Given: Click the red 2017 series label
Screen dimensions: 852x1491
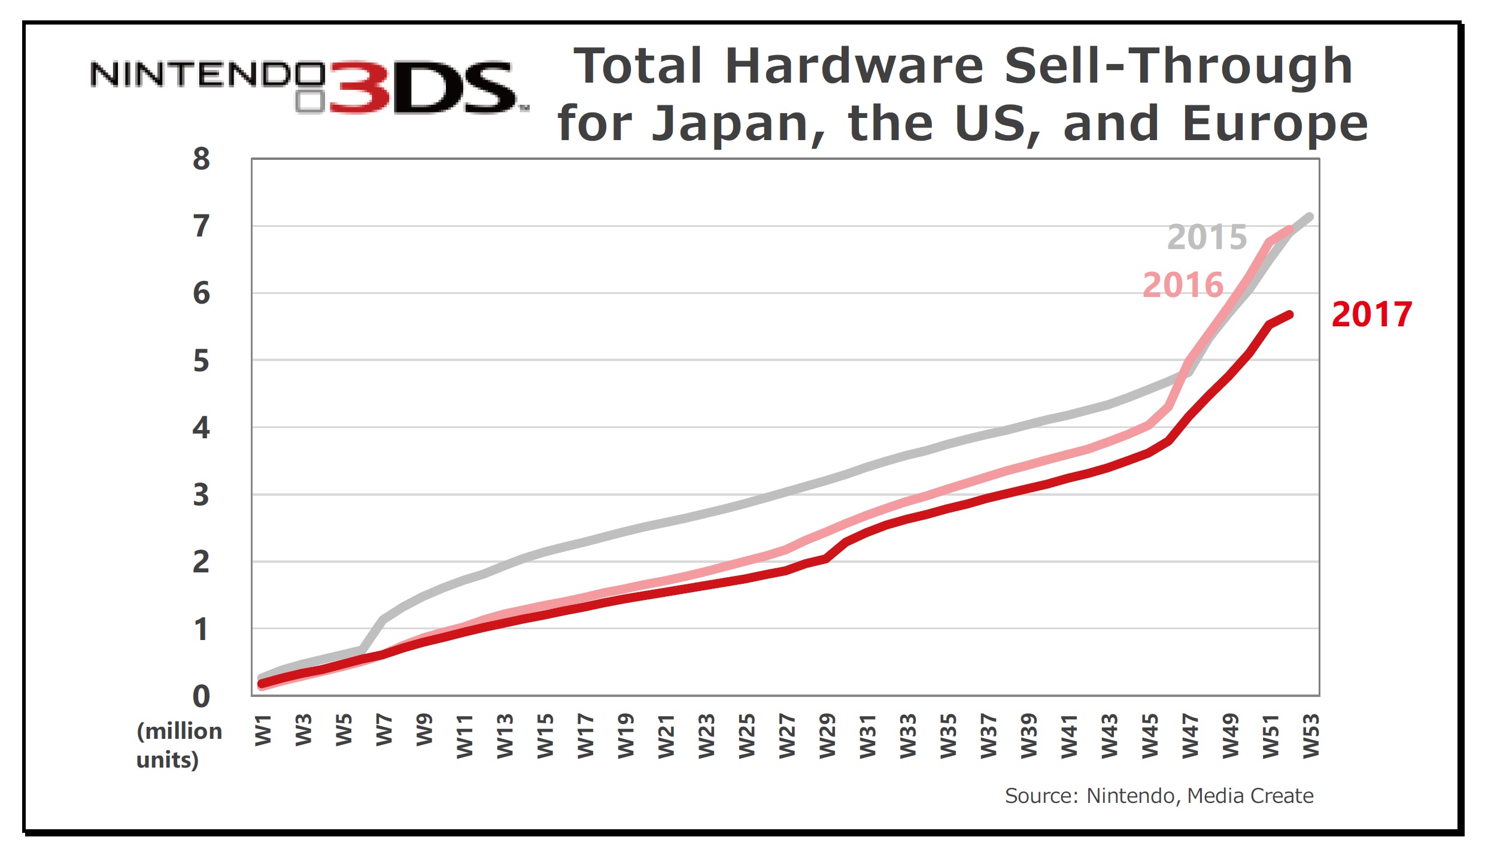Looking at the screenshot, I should pyautogui.click(x=1371, y=314).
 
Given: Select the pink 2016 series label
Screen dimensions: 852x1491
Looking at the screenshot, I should pyautogui.click(x=1182, y=285).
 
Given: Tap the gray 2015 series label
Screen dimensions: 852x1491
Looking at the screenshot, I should pyautogui.click(x=1207, y=237).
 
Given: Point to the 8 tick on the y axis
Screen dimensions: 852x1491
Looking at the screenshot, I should pyautogui.click(x=201, y=159).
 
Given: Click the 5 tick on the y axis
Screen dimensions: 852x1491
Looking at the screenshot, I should pyautogui.click(x=201, y=361).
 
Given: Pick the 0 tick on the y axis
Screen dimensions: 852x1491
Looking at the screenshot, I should pyautogui.click(x=201, y=696).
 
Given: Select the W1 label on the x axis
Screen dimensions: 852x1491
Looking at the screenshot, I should pyautogui.click(x=263, y=730).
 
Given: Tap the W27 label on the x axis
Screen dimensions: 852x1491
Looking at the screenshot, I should pyautogui.click(x=787, y=736).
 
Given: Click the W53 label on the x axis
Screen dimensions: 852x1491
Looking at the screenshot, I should pyautogui.click(x=1311, y=736).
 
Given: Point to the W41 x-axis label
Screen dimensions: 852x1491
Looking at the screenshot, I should pyautogui.click(x=1069, y=736).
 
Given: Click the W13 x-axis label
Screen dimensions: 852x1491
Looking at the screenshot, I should pyautogui.click(x=505, y=736).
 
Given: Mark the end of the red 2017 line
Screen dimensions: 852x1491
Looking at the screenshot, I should pyautogui.click(x=1290, y=314).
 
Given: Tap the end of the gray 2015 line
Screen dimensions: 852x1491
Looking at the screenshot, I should pyautogui.click(x=1310, y=216).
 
